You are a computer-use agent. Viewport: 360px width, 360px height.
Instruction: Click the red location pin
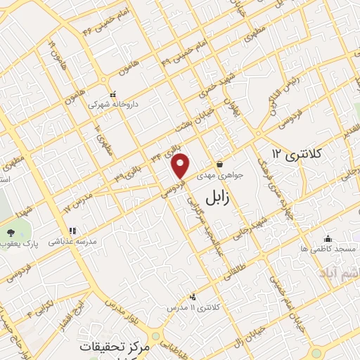coord(181,167)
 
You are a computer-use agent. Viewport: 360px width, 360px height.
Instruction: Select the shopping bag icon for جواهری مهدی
coord(219,164)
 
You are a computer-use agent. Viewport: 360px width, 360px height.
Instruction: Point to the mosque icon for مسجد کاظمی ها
coord(327,239)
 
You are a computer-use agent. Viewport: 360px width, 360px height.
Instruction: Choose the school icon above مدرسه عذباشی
coord(71,230)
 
